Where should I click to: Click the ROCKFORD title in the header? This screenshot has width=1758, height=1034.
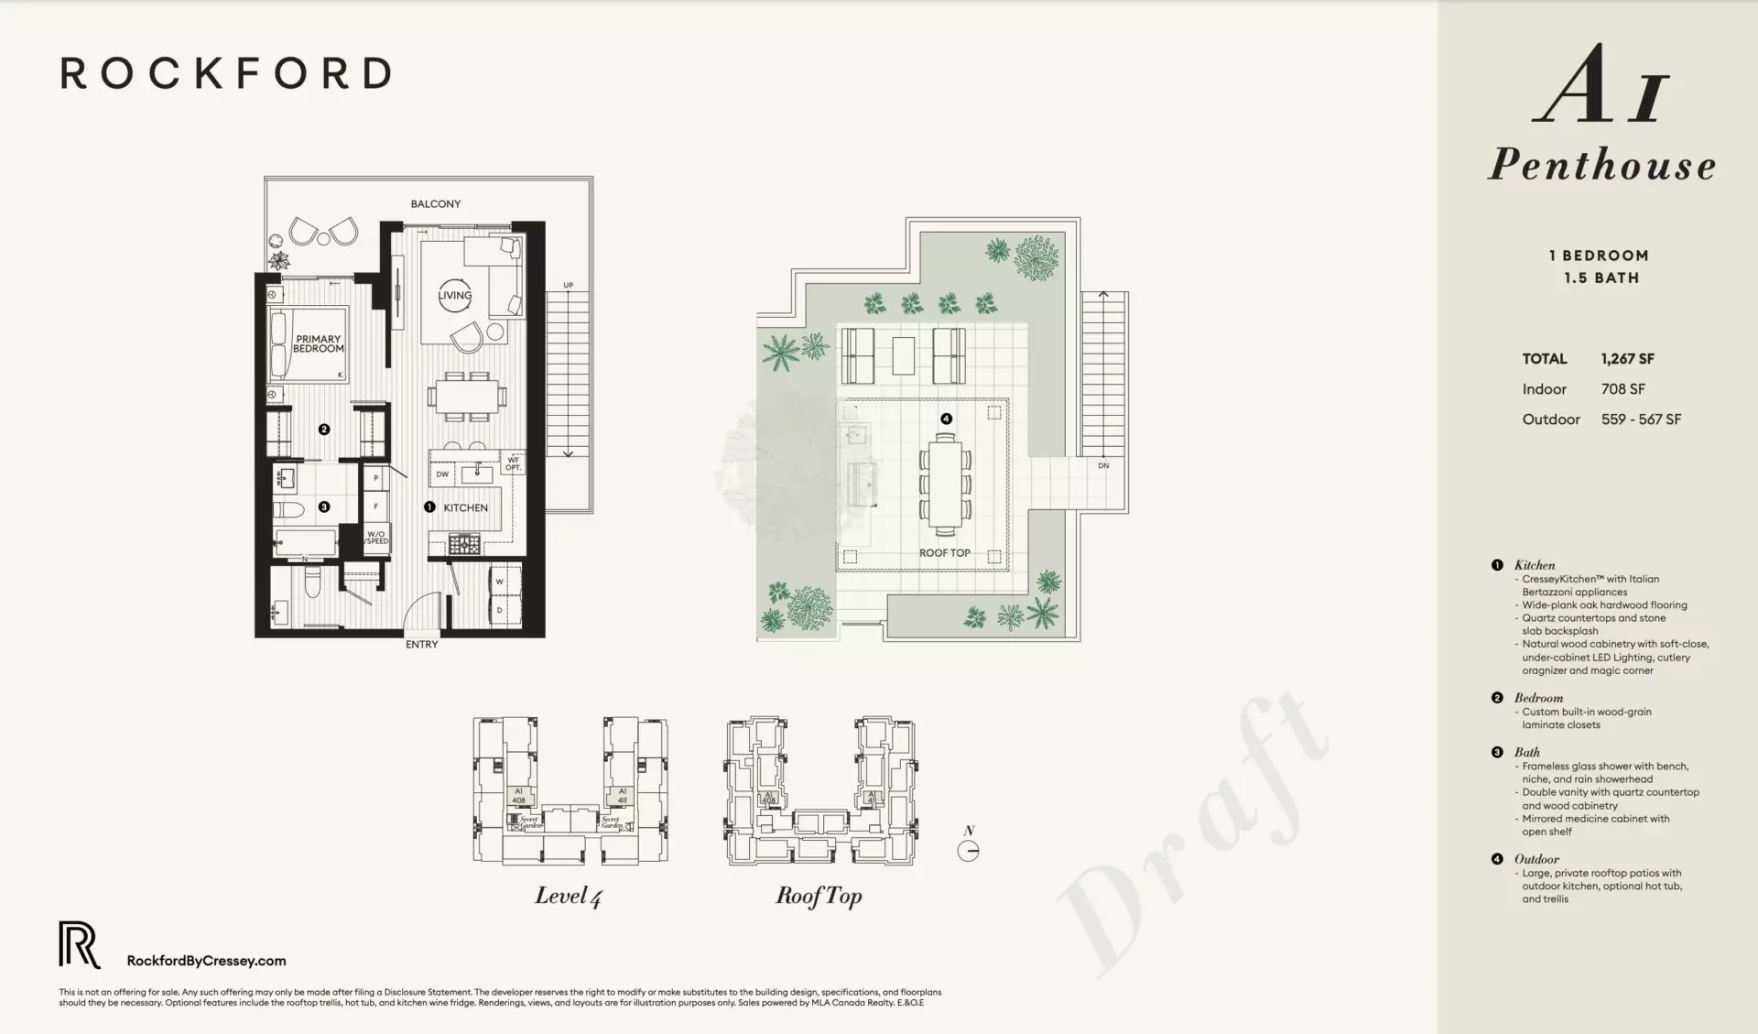(x=226, y=73)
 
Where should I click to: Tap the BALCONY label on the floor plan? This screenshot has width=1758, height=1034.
(x=435, y=203)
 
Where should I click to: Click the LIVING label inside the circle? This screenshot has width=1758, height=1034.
(x=454, y=295)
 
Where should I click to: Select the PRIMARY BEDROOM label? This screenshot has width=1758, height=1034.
(x=318, y=343)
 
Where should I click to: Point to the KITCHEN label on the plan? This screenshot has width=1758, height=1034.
(x=465, y=507)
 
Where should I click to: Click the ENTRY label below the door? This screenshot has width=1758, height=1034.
(x=421, y=645)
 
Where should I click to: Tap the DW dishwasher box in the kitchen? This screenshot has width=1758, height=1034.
(x=442, y=474)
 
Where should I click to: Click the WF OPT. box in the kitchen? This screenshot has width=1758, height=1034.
(x=513, y=463)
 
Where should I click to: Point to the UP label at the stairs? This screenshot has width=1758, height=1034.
(x=568, y=285)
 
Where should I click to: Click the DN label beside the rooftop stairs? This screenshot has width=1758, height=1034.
(x=1103, y=465)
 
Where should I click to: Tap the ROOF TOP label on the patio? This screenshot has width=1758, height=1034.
(x=944, y=553)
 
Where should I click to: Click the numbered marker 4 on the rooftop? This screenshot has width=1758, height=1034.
(x=946, y=419)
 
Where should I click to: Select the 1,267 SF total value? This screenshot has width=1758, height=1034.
(x=1627, y=359)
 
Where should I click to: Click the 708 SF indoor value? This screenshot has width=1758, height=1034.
(x=1622, y=389)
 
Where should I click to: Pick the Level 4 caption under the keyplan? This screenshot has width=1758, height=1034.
(x=568, y=896)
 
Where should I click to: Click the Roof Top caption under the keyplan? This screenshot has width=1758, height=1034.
(x=819, y=896)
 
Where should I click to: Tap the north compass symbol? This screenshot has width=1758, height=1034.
(x=968, y=851)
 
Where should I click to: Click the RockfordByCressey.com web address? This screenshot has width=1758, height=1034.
(x=206, y=961)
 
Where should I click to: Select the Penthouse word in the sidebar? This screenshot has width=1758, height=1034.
(x=1601, y=165)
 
